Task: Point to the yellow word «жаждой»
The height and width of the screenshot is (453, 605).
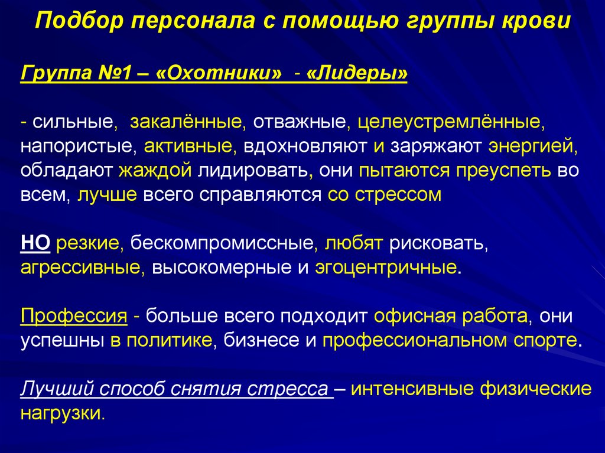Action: click(155, 171)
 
